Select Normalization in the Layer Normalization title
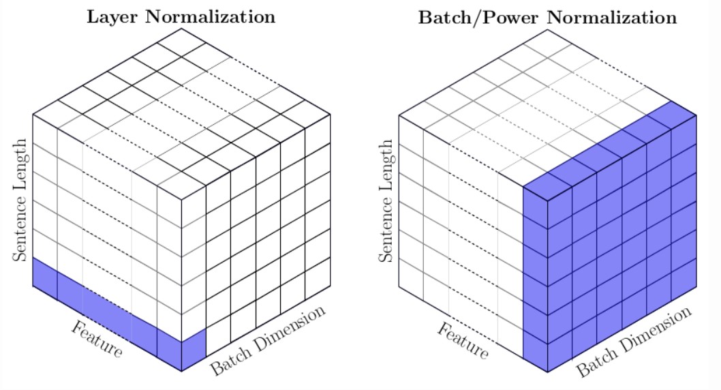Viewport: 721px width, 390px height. pos(210,16)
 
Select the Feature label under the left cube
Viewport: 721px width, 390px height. pos(97,340)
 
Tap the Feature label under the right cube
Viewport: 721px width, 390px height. pos(463,341)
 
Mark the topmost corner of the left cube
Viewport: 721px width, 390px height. pos(181,29)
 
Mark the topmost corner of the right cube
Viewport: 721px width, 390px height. pos(547,30)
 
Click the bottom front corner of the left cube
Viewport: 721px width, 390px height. pos(181,371)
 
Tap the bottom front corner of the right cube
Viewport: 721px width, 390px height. pos(547,372)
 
